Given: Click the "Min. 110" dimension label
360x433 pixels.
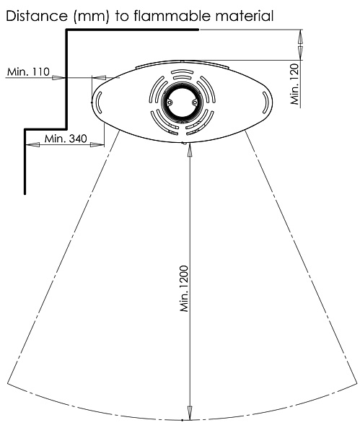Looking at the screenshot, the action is pos(28,71).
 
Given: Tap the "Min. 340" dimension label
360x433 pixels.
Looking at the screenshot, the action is pos(66,139).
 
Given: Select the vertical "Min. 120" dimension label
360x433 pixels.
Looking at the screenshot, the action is pos(295,84).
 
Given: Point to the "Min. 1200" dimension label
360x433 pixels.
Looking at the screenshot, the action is pos(184,289).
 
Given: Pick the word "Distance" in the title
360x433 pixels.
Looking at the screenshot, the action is pos(37,16).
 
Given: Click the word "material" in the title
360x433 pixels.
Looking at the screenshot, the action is pos(245,16).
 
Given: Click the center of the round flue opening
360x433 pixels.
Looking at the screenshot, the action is pos(182,102).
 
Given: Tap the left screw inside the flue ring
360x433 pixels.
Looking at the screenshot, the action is pos(170,102).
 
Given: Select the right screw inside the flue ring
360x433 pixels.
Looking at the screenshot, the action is pos(195,102).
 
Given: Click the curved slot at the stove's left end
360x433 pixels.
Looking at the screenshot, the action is pos(99,102).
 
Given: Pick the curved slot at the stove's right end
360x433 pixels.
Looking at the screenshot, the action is pos(265,102).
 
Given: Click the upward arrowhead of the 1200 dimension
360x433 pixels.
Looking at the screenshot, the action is pos(190,151).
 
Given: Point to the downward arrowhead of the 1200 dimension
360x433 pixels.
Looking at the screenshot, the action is pos(190,413).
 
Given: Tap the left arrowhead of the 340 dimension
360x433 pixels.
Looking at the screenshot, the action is pos(32,144).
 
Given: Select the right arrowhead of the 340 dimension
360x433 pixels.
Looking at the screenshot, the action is pos(97,144).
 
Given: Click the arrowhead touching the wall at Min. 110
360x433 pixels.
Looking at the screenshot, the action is pos(59,78).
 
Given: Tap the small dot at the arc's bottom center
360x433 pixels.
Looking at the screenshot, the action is pos(183,420).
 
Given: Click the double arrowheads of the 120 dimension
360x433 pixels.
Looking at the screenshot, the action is pos(301,45).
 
